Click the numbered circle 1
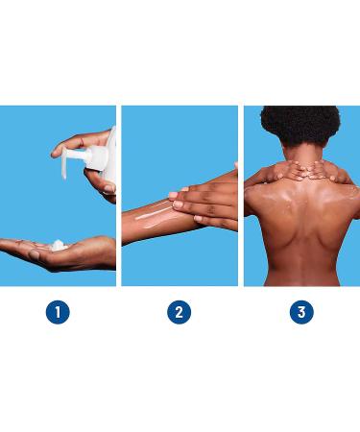58,312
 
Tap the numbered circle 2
180,312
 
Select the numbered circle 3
301,312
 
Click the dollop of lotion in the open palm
59,246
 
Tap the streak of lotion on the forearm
154,214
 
